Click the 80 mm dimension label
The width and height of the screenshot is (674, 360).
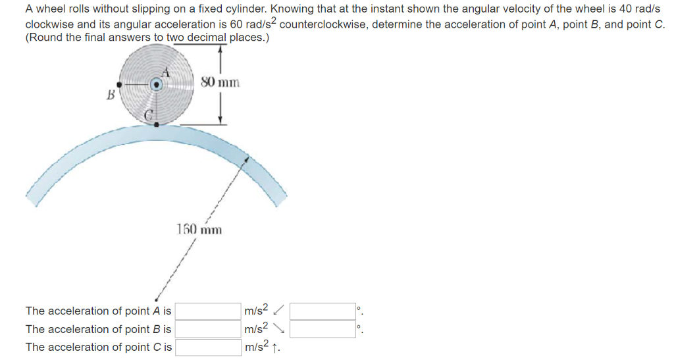pyautogui.click(x=220, y=82)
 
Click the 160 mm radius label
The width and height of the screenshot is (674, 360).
pyautogui.click(x=199, y=229)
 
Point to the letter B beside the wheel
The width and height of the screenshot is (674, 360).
pyautogui.click(x=111, y=95)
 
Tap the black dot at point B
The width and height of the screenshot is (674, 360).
pyautogui.click(x=119, y=85)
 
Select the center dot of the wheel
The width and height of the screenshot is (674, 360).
pyautogui.click(x=156, y=85)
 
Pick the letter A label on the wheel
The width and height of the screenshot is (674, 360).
pyautogui.click(x=167, y=74)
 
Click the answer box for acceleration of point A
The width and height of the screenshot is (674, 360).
pyautogui.click(x=207, y=311)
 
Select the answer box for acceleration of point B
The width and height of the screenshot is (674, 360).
pyautogui.click(x=207, y=329)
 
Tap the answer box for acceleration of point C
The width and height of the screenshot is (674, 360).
pyautogui.click(x=207, y=347)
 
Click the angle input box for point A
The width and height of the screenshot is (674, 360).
pyautogui.click(x=323, y=311)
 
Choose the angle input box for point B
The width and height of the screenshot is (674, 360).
pyautogui.click(x=323, y=329)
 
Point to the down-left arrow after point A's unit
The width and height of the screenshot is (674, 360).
pyautogui.click(x=279, y=309)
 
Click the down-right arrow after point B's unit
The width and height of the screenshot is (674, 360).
pyautogui.click(x=279, y=328)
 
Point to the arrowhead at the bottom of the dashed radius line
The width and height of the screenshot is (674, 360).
pyautogui.click(x=157, y=297)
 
